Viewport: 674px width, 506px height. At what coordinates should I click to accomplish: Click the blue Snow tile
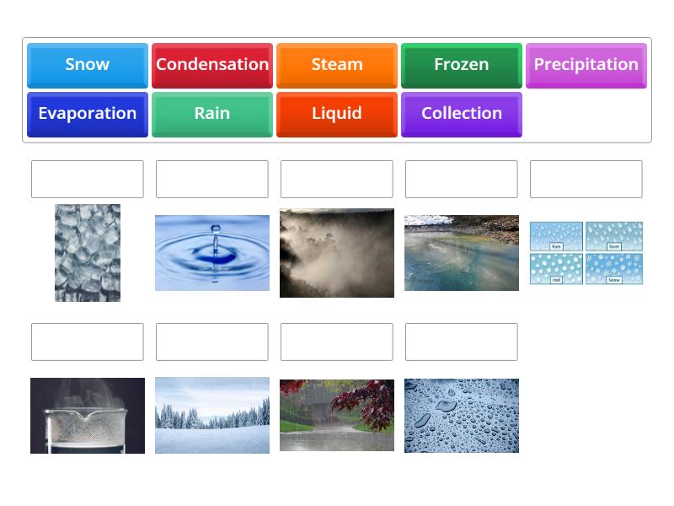88,65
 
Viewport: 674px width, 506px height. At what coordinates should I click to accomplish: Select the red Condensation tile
212,65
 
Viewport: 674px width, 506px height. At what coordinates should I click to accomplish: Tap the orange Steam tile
337,65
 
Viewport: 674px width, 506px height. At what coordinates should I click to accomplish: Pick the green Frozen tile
462,65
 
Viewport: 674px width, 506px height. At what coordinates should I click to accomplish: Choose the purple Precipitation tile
586,65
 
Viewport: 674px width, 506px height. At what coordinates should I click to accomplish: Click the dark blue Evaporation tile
88,114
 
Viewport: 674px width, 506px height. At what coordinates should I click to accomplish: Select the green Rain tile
212,114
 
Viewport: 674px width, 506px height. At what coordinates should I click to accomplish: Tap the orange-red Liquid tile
337,114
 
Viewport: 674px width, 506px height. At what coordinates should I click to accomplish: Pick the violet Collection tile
462,114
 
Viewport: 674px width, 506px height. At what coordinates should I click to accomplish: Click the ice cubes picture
88,253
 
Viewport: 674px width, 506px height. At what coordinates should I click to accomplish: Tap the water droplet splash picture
212,253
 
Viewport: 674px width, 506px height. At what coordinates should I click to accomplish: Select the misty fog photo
337,253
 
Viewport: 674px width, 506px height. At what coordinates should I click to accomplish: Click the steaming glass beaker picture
88,416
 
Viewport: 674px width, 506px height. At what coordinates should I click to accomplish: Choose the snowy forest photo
212,416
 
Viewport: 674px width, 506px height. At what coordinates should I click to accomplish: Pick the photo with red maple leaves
337,416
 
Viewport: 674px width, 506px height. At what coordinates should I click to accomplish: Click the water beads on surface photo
462,416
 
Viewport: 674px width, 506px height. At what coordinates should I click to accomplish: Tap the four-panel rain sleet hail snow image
586,253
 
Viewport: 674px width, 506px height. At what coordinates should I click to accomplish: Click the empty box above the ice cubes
88,180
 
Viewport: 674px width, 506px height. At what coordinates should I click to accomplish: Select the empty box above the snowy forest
212,342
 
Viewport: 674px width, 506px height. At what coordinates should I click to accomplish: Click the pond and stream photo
462,253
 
